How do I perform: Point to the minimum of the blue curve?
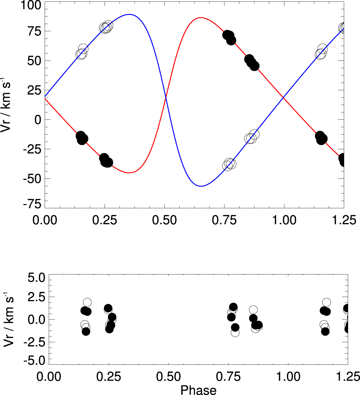[x=201, y=186]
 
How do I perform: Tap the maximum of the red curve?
[x=201, y=18]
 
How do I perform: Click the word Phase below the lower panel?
[x=198, y=390]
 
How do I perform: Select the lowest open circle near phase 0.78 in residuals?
[x=235, y=332]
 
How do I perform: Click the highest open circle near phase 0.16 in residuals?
[x=87, y=303]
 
